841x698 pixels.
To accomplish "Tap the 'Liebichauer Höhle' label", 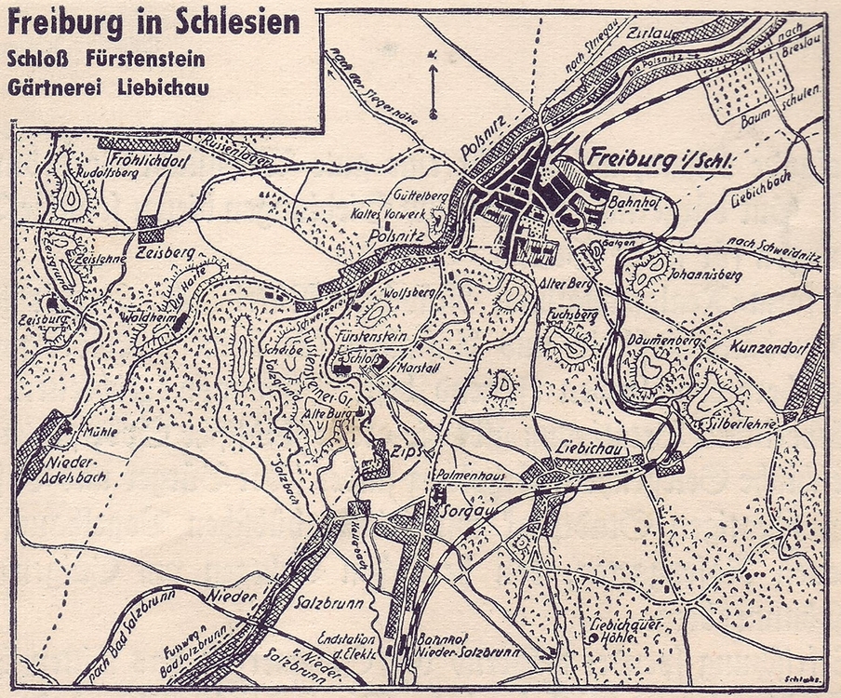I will click(628, 630).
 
